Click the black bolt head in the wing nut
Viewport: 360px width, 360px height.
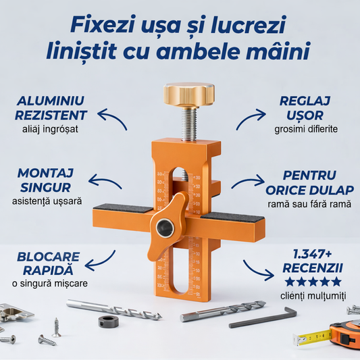[163, 228]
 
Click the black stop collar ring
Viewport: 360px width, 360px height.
[108, 321]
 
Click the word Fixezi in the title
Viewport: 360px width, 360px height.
[103, 26]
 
